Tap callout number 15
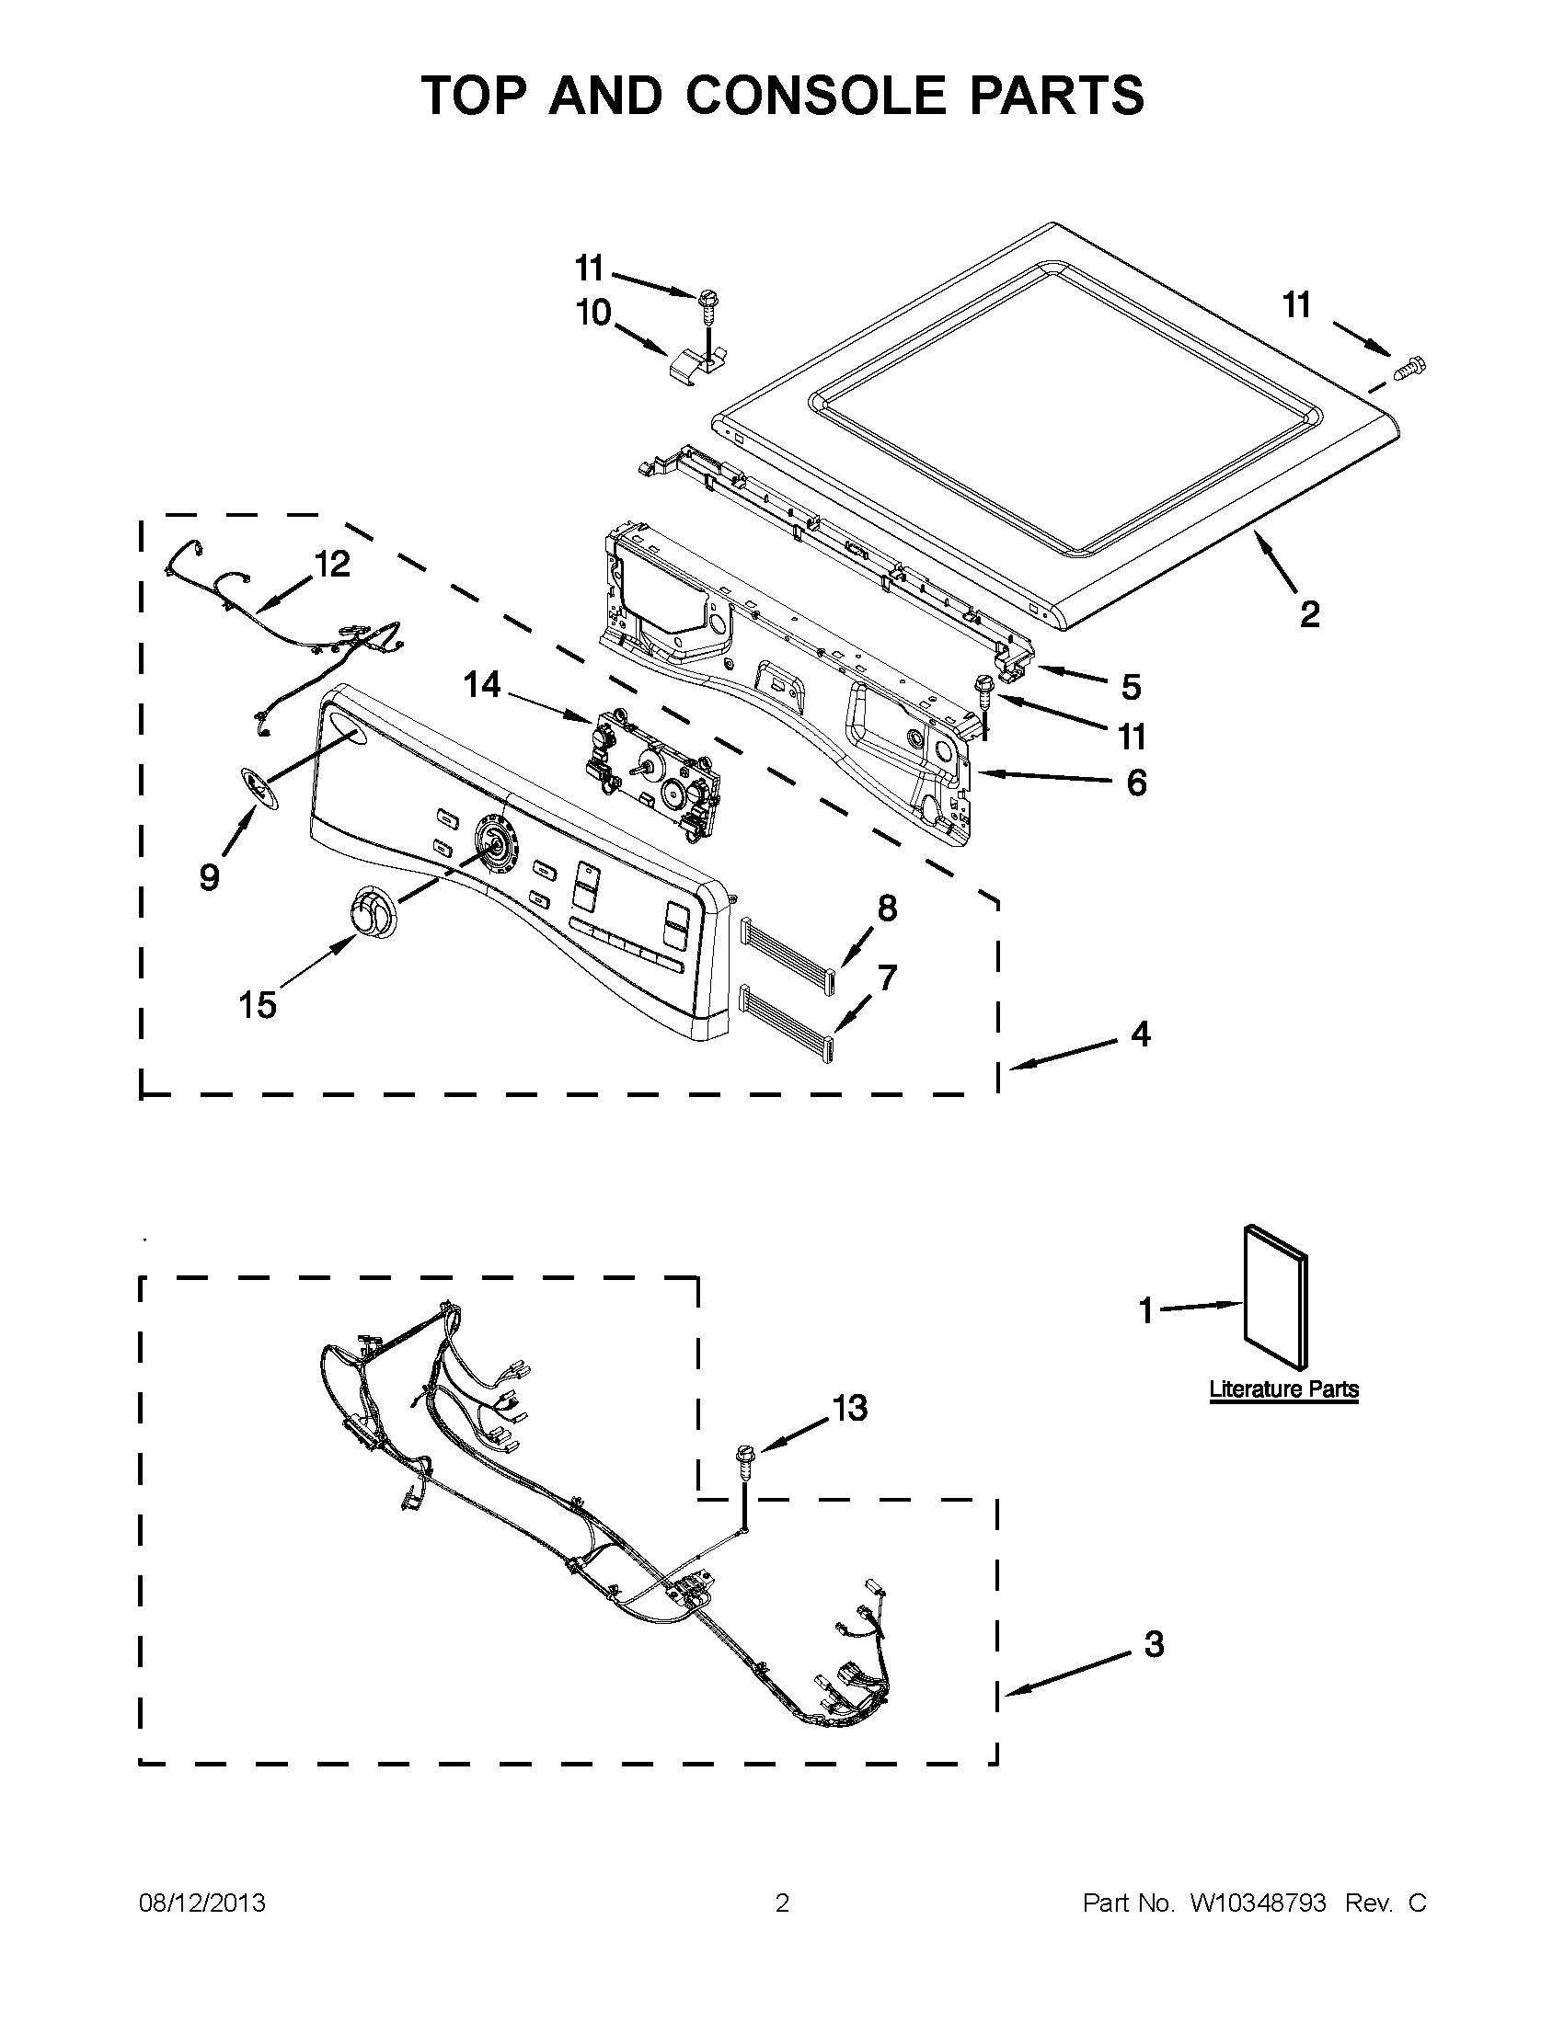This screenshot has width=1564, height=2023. coord(258,1004)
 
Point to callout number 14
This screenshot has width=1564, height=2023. coord(482,685)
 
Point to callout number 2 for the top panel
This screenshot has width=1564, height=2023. coord(1309,613)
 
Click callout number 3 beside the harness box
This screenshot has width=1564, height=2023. coord(1154,1644)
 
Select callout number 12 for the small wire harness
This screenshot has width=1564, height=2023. coord(332,563)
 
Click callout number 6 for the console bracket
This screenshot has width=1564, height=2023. coord(1136,783)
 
